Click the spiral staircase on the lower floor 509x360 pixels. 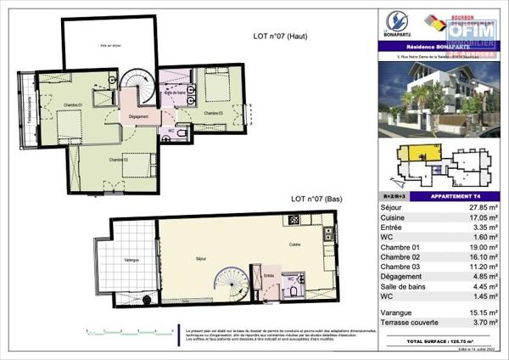coord(231,284)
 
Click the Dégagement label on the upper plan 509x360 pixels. coord(138,116)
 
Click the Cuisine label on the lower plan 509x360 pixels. coord(293,244)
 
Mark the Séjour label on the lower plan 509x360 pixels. coord(201,259)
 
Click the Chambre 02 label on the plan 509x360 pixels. coord(117,160)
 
